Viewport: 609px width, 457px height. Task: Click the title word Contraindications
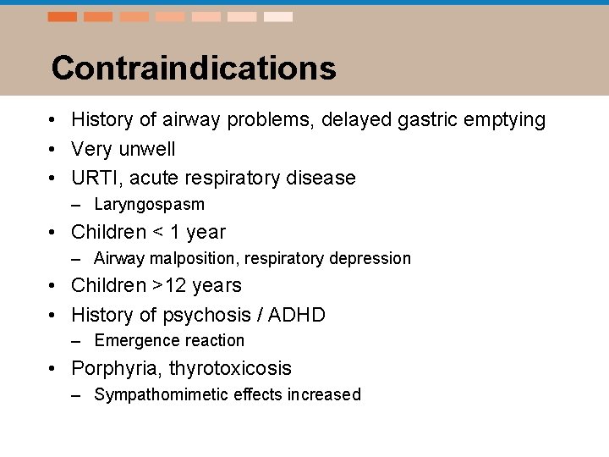[193, 69]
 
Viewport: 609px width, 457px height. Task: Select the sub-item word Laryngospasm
[149, 205]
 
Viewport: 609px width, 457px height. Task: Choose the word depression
[371, 259]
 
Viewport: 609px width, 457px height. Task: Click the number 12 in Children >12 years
[176, 286]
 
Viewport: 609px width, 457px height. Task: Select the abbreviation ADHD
[296, 316]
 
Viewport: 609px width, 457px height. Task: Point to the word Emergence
[133, 341]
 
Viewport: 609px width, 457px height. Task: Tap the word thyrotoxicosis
[230, 369]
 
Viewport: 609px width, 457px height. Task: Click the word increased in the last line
[324, 395]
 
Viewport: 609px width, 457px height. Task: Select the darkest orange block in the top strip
[62, 17]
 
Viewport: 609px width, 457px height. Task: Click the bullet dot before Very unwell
[52, 150]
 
